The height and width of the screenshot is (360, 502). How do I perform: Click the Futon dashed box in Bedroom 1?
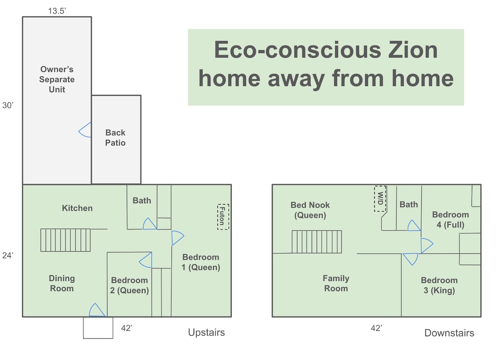[x=223, y=217]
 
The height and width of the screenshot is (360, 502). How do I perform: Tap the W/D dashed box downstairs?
[x=380, y=199]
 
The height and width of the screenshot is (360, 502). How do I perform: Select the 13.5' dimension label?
[x=57, y=11]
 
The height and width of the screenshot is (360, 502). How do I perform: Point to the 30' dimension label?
[x=8, y=105]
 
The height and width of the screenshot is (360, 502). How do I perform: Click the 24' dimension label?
[x=8, y=255]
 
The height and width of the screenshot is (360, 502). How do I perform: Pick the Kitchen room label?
[x=77, y=208]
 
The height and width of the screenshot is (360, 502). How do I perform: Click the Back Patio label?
[x=115, y=138]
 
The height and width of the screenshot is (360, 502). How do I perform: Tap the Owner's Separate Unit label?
[x=57, y=79]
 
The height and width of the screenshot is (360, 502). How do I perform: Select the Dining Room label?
[x=62, y=283]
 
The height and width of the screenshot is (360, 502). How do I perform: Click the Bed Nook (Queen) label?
[x=310, y=210]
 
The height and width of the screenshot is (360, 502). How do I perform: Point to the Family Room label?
[x=336, y=283]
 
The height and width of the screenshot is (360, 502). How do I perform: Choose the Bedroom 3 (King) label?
[x=439, y=285]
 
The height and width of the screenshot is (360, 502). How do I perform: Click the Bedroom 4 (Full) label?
[x=451, y=220]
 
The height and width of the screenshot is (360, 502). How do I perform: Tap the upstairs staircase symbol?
[x=65, y=240]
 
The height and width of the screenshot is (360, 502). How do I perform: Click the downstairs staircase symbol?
[x=317, y=242]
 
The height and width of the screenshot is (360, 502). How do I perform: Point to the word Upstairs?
[x=206, y=332]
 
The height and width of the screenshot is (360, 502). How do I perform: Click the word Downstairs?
[x=449, y=333]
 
